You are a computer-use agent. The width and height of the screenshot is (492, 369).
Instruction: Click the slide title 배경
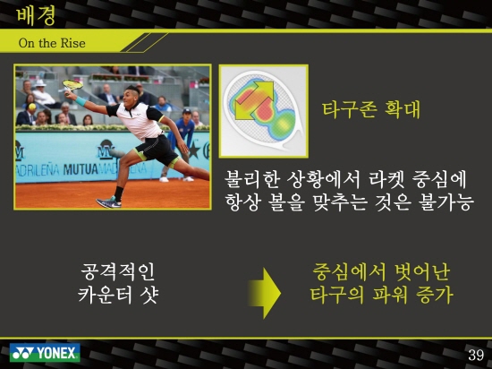[x=36, y=15]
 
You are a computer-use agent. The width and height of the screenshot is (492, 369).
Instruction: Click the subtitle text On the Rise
[x=52, y=43]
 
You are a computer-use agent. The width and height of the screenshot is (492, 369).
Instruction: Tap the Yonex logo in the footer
[x=45, y=353]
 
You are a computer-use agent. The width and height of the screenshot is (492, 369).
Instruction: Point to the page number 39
[x=476, y=355]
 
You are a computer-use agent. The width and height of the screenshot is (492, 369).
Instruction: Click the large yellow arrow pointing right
[x=264, y=293]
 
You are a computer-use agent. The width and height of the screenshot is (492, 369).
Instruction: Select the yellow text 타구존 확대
[x=371, y=109]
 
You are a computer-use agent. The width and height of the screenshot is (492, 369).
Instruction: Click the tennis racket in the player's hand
[x=72, y=85]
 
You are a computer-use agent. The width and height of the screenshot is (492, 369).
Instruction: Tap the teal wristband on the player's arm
[x=81, y=101]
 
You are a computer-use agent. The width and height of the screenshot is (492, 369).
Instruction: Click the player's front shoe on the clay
[x=108, y=202]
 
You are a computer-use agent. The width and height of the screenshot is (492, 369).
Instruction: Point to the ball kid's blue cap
[x=187, y=111]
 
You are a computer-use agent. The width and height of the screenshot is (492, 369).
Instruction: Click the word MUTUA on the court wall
[x=81, y=169]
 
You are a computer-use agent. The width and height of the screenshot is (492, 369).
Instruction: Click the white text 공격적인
[x=118, y=272]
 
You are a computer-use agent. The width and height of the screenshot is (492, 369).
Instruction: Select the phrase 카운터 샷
[x=118, y=295]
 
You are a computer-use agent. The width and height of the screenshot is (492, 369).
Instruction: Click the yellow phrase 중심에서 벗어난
[x=382, y=272]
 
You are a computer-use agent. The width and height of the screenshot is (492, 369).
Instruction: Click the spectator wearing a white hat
[x=42, y=91]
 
